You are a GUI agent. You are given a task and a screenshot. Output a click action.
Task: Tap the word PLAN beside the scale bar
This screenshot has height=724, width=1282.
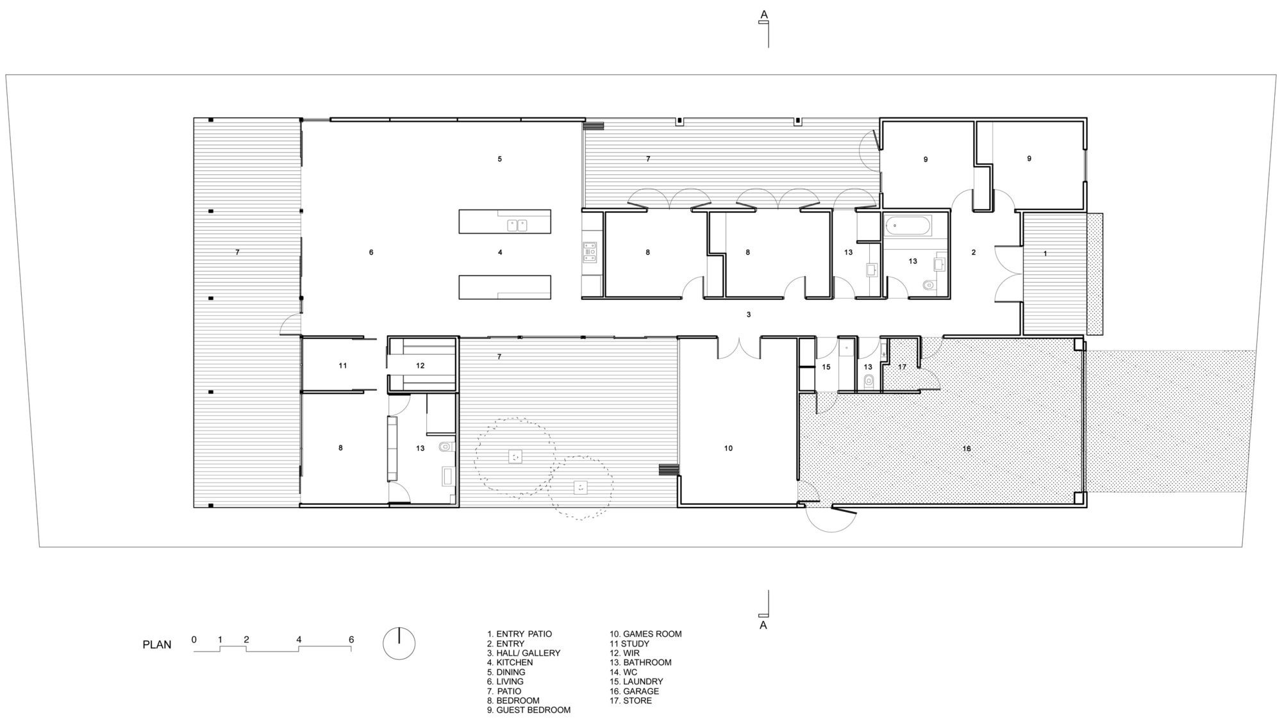(157, 645)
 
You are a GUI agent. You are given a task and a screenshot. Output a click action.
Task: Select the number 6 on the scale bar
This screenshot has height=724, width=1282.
(351, 639)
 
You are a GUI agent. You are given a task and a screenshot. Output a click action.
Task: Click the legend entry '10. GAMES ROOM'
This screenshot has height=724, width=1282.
(645, 634)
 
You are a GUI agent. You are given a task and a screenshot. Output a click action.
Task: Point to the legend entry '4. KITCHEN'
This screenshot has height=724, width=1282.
(510, 662)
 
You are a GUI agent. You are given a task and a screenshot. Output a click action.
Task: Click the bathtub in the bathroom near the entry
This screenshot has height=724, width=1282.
(908, 226)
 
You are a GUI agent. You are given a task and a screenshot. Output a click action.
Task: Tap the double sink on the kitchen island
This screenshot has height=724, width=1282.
(517, 225)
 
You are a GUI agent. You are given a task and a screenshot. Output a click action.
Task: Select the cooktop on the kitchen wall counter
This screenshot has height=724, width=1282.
(590, 252)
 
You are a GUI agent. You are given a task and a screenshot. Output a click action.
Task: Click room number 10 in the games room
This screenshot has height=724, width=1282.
(728, 448)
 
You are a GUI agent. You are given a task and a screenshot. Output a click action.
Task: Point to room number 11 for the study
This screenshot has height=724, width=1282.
(343, 366)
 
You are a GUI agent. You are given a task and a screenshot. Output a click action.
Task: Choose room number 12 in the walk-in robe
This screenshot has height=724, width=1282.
(420, 366)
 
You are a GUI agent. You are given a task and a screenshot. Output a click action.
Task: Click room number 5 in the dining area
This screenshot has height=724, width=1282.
(500, 159)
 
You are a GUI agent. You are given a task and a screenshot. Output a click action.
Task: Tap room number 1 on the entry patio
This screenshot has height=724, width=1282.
(1045, 254)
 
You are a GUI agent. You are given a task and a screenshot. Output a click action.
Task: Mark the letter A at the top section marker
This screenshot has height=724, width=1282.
(763, 13)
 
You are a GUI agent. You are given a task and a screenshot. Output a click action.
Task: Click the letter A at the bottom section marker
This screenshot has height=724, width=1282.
(763, 625)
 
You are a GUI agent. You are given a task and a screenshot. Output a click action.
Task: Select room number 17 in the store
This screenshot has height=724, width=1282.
(903, 367)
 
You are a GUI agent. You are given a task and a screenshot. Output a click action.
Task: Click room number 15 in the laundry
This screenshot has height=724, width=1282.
(826, 367)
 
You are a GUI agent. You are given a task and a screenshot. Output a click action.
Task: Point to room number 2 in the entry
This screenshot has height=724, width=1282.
(974, 252)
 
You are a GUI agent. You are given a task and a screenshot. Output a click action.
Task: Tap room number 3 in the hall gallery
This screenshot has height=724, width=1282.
(749, 315)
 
